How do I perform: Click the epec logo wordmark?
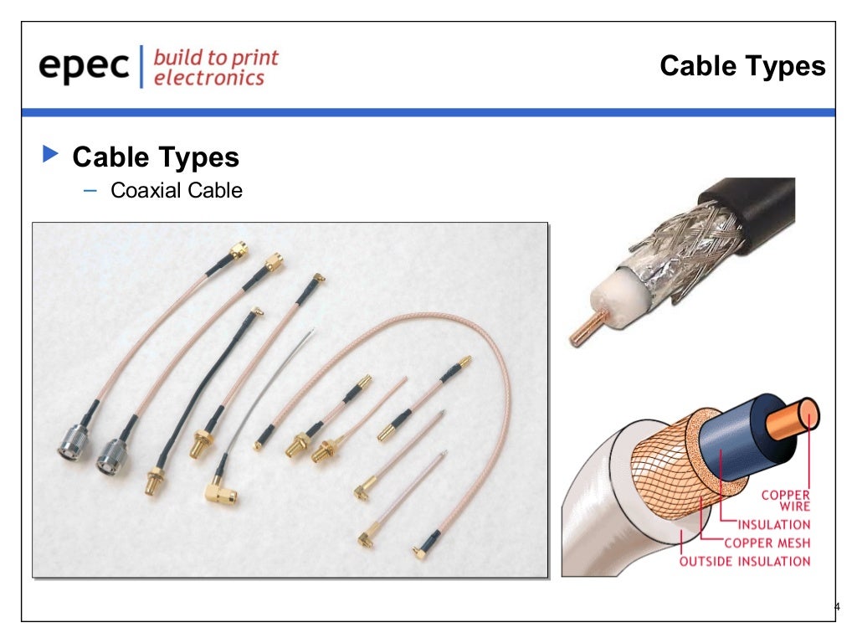click(84, 67)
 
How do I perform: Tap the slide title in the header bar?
click(742, 66)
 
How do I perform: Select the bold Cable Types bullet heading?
click(156, 157)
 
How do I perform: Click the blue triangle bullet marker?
click(51, 155)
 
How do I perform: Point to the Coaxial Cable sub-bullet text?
click(177, 191)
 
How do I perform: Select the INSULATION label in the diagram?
click(773, 525)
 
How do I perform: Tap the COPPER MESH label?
click(767, 543)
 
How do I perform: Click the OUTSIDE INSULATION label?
click(744, 561)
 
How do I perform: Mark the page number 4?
click(836, 607)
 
